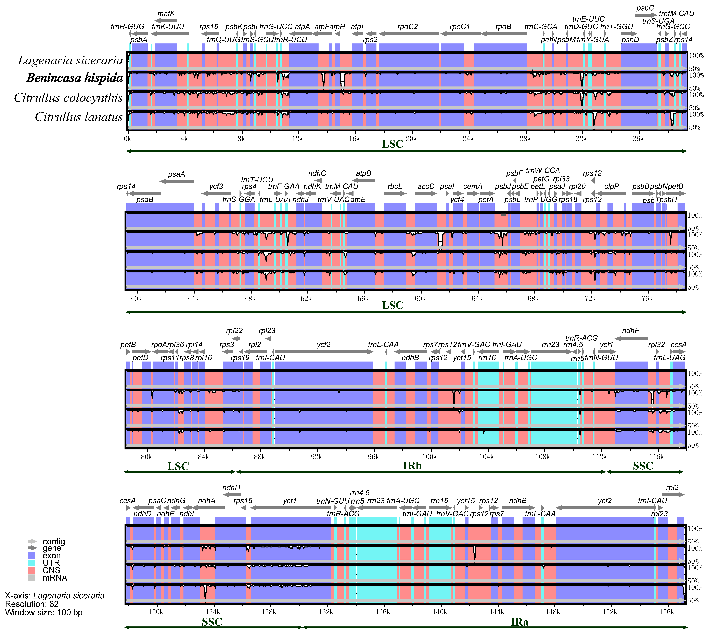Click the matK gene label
pos(166,14)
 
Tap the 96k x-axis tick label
pos(373,457)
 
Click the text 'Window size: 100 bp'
pos(44,612)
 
